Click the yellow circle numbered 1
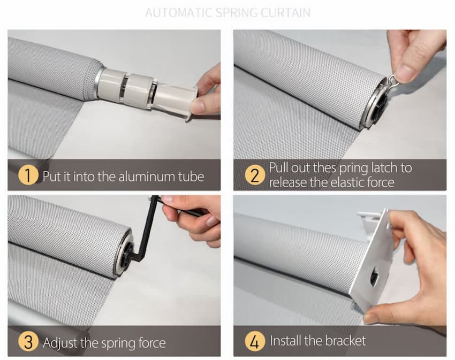click(x=28, y=175)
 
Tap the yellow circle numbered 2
click(x=254, y=175)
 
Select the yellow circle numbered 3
click(x=28, y=341)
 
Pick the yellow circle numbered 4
click(x=254, y=341)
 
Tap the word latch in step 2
click(x=384, y=167)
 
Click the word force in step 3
click(x=152, y=343)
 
